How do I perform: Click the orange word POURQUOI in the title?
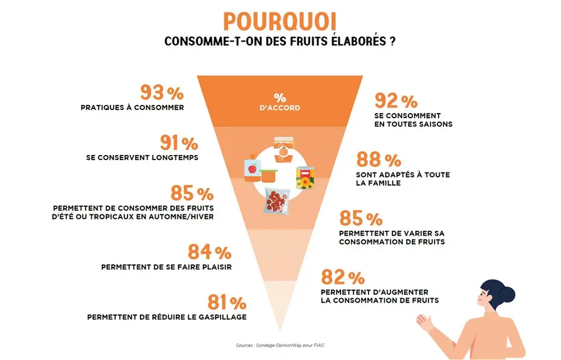(x=280, y=22)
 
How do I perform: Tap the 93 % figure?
(x=162, y=92)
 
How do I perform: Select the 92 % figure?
(x=396, y=101)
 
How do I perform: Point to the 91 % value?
(x=179, y=142)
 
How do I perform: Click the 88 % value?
(x=379, y=159)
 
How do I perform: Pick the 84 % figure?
(x=210, y=252)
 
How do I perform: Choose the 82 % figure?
(x=343, y=277)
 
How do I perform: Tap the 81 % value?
(x=227, y=302)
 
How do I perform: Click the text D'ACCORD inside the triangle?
(x=280, y=107)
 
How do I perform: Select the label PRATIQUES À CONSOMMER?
(x=132, y=107)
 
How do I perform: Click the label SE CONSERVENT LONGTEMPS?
(x=142, y=157)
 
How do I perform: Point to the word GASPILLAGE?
(x=222, y=317)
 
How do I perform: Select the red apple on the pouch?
(x=253, y=168)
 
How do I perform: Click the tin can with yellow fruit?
(x=305, y=177)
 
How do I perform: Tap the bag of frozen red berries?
(x=276, y=201)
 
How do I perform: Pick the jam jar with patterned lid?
(x=284, y=149)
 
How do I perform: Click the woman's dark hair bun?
(x=507, y=294)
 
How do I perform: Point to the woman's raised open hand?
(x=424, y=322)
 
